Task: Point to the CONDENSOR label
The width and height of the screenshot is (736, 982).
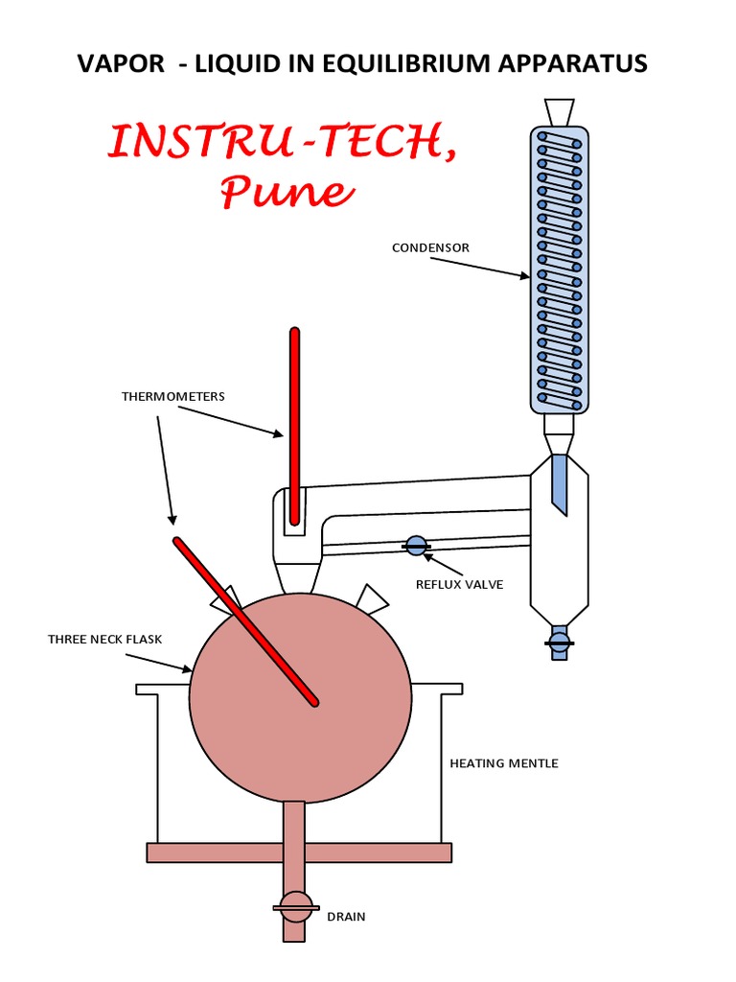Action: [x=430, y=248]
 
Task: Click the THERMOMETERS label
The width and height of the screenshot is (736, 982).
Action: [x=173, y=396]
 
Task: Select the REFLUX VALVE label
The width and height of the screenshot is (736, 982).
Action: [x=459, y=584]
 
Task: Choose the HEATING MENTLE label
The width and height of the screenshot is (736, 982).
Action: [x=504, y=763]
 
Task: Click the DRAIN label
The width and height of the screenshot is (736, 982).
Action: [x=346, y=917]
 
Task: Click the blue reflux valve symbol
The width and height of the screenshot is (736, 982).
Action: [x=416, y=546]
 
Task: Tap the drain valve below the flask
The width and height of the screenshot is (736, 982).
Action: [x=294, y=906]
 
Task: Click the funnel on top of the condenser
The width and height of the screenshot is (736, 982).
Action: [x=559, y=111]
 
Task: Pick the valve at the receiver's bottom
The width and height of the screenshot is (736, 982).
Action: [x=559, y=640]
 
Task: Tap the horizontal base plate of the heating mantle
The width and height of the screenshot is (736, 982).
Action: [x=298, y=853]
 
